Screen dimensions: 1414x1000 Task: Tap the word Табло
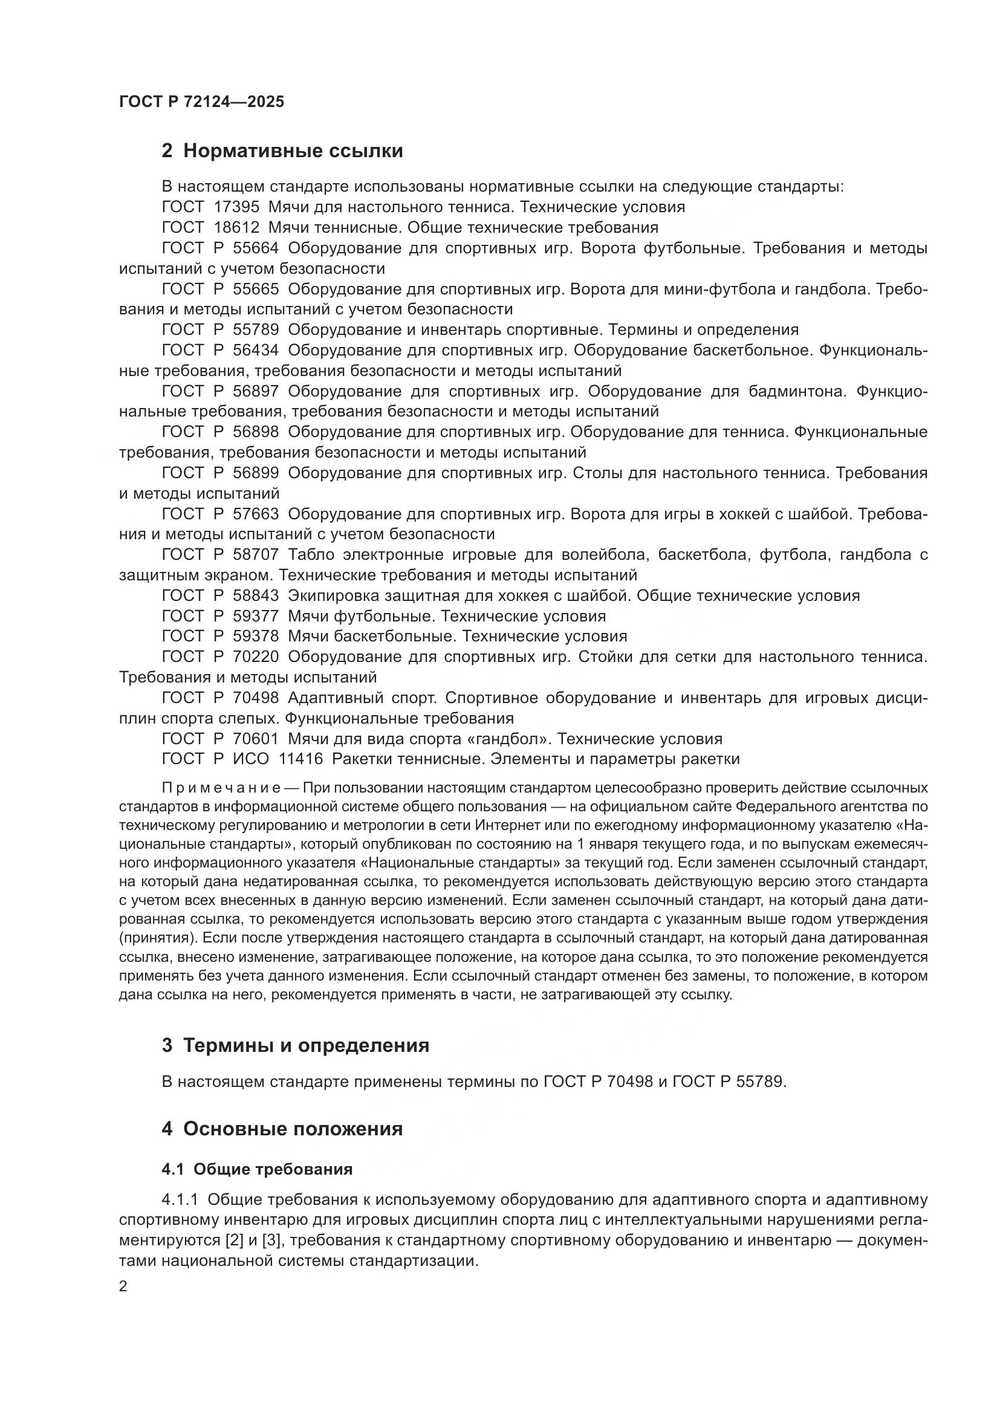311,555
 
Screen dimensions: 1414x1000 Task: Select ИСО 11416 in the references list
278,759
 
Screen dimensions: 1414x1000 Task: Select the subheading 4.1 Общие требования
257,1170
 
